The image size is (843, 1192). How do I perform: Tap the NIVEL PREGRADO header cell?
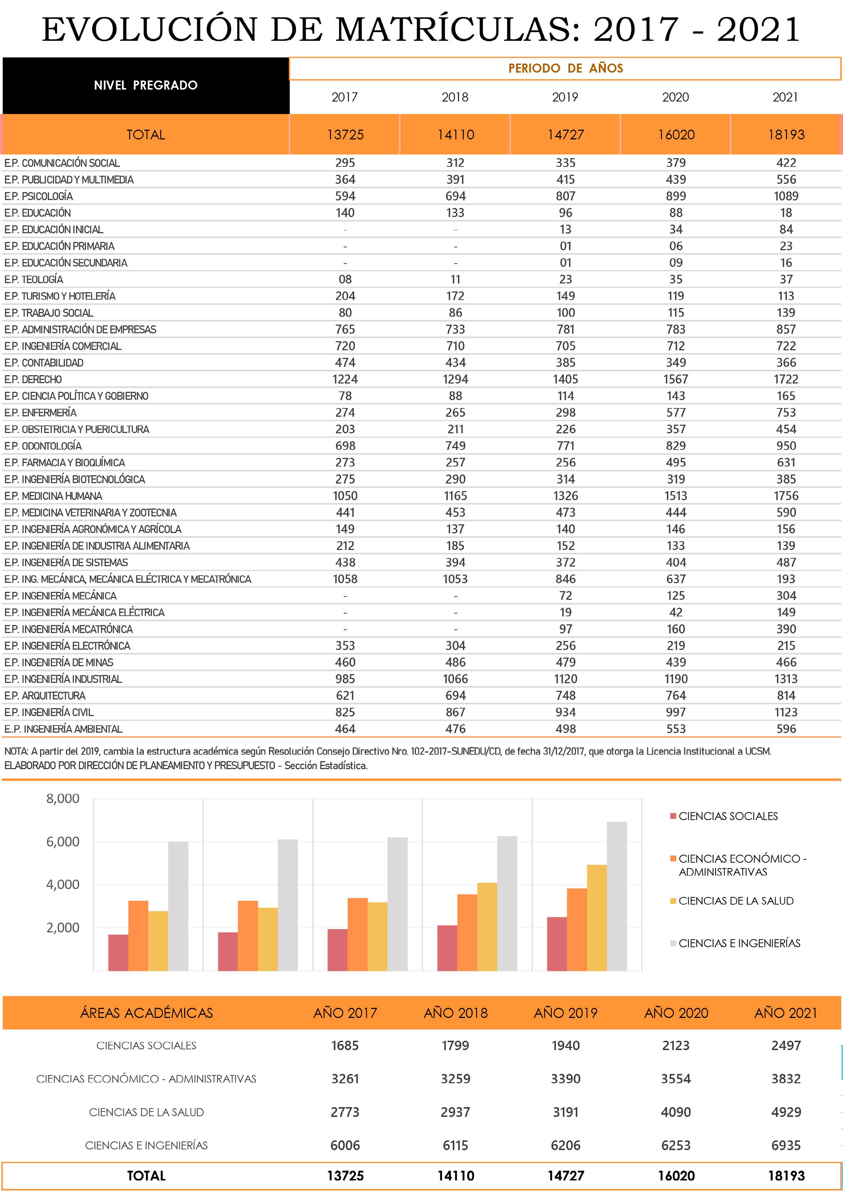point(146,86)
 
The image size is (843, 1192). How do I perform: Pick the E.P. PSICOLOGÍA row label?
point(39,196)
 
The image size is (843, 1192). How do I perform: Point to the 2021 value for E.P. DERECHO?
point(786,380)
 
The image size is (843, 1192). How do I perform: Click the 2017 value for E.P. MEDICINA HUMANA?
point(345,496)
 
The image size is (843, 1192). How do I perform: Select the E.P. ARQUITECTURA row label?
point(45,696)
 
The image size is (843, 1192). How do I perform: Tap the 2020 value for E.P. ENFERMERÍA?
point(676,413)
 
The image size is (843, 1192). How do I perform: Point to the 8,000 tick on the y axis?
point(63,798)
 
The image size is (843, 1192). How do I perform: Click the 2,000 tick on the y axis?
point(63,928)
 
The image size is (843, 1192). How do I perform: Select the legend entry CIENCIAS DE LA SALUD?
point(735,901)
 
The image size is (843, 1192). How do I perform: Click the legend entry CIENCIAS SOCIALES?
point(728,816)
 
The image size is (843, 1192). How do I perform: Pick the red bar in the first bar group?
point(118,952)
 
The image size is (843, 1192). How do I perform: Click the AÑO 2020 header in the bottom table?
point(676,1013)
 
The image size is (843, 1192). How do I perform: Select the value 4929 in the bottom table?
point(786,1112)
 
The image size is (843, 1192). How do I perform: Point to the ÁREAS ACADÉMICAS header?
point(146,1013)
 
